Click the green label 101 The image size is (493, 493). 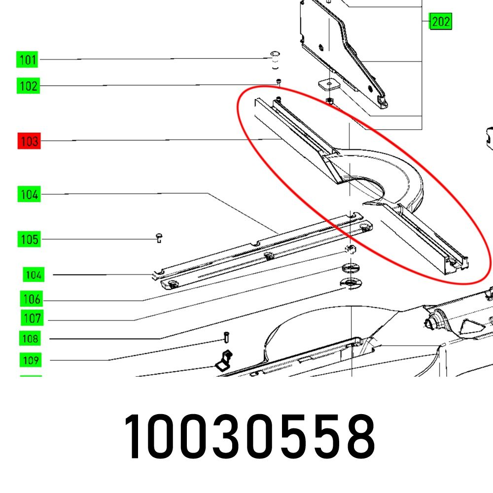pos(27,60)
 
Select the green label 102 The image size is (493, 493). pos(28,86)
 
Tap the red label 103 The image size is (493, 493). pos(29,141)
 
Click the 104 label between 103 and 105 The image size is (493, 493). pos(29,194)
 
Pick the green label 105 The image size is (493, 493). pos(29,239)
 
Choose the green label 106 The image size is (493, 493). pos(32,299)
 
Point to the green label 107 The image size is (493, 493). pos(32,318)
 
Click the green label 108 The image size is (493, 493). pos(30,339)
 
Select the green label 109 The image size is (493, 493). pos(31,360)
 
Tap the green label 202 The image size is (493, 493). pos(441,21)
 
